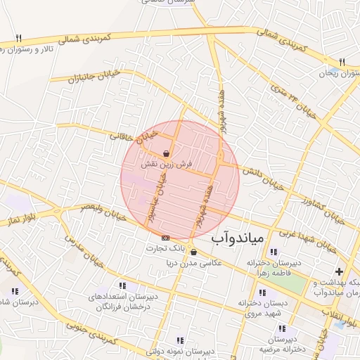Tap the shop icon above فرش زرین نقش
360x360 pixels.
pyautogui.click(x=165, y=153)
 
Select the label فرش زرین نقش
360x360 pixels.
pyautogui.click(x=167, y=164)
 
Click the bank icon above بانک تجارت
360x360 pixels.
pyautogui.click(x=165, y=238)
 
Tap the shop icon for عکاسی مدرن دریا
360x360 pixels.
pyautogui.click(x=193, y=252)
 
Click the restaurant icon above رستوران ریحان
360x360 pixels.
pyautogui.click(x=342, y=62)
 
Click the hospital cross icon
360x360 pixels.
pyautogui.click(x=340, y=271)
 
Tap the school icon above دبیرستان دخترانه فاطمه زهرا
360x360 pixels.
pyautogui.click(x=274, y=252)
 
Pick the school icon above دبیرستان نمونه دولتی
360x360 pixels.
pyautogui.click(x=180, y=340)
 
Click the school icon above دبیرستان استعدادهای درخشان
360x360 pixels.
pyautogui.click(x=123, y=286)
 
